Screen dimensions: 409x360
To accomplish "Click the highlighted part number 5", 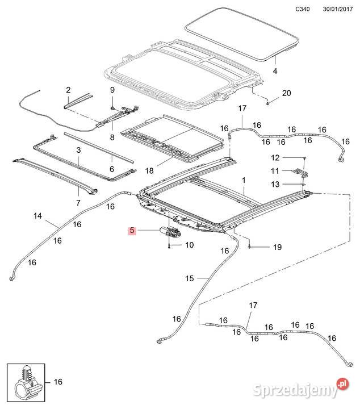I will click(x=132, y=231).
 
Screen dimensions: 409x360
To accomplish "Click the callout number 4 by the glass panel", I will click(x=275, y=71).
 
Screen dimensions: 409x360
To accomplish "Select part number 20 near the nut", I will click(x=286, y=93).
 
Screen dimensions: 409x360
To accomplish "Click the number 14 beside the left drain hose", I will click(x=38, y=216).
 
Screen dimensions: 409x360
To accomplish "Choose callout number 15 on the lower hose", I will click(x=190, y=278).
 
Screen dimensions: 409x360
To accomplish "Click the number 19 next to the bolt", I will click(x=277, y=247).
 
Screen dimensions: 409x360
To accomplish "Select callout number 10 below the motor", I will click(x=189, y=245).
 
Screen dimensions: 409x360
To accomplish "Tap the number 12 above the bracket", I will click(x=275, y=157).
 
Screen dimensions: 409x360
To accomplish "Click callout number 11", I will click(x=275, y=171).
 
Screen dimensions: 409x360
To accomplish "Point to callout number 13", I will click(x=275, y=184).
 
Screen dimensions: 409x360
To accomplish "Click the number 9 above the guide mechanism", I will click(x=112, y=90).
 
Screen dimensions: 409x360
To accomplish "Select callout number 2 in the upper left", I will click(x=68, y=90).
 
